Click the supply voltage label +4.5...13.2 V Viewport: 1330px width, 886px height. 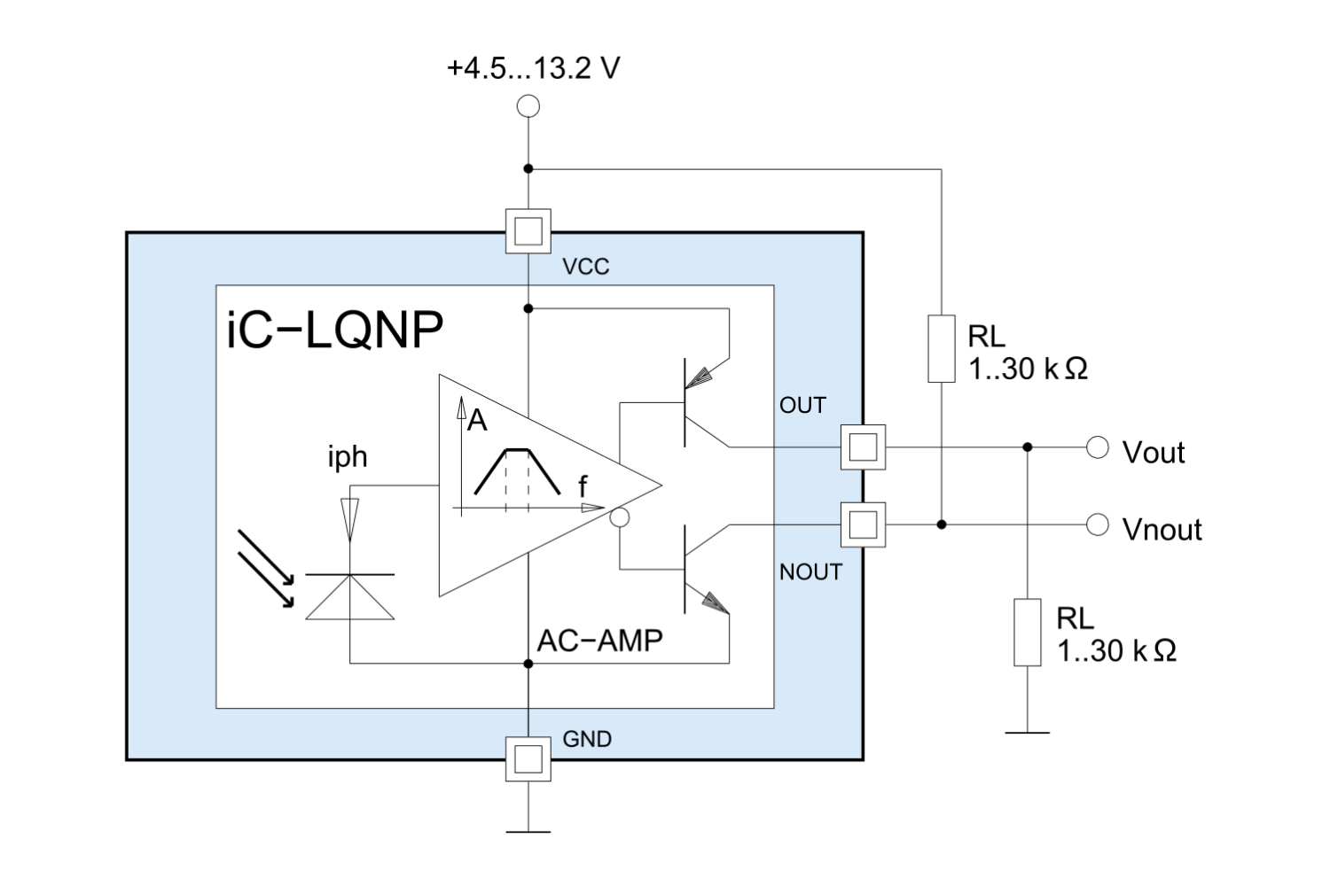click(x=533, y=68)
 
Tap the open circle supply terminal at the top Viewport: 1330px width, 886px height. click(x=528, y=106)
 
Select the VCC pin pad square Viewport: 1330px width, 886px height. click(x=528, y=231)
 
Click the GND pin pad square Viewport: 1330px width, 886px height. click(x=528, y=759)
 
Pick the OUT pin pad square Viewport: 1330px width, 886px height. click(x=863, y=447)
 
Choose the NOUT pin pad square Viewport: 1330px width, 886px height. click(x=863, y=525)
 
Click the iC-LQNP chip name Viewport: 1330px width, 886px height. click(x=335, y=330)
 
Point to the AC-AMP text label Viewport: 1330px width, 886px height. click(x=600, y=640)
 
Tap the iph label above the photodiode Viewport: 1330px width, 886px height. click(x=347, y=456)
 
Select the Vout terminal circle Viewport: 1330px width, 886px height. click(x=1098, y=447)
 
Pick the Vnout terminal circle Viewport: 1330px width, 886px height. click(x=1098, y=525)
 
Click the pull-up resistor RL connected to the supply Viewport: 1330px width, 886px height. click(x=942, y=349)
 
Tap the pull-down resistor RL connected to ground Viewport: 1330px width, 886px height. click(x=1028, y=632)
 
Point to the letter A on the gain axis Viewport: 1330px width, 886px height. click(x=477, y=420)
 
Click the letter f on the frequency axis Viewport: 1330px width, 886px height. click(x=583, y=486)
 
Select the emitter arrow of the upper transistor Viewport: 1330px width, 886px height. click(x=701, y=376)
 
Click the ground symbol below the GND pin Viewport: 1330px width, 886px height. click(x=528, y=831)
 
